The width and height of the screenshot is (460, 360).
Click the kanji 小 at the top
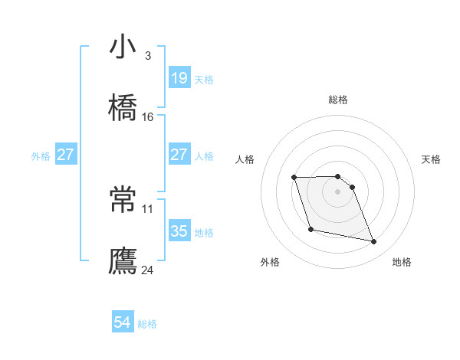pyautogui.click(x=123, y=47)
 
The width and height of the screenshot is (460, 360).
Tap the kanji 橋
pyautogui.click(x=123, y=108)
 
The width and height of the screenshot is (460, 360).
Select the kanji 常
pyautogui.click(x=123, y=200)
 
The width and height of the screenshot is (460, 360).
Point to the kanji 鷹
pyautogui.click(x=123, y=260)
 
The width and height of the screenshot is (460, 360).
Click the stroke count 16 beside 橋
pyautogui.click(x=148, y=117)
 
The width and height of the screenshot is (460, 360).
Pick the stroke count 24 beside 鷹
pyautogui.click(x=148, y=270)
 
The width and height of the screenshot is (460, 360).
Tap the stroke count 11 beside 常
pyautogui.click(x=148, y=208)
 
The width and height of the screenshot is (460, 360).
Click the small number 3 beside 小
pyautogui.click(x=147, y=56)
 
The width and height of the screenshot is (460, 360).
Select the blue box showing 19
pyautogui.click(x=179, y=78)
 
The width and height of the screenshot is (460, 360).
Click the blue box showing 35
pyautogui.click(x=179, y=231)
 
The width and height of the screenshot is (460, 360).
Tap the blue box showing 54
pyautogui.click(x=123, y=323)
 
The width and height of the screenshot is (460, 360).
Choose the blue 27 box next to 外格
pyautogui.click(x=66, y=155)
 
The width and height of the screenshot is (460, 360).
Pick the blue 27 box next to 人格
pyautogui.click(x=179, y=155)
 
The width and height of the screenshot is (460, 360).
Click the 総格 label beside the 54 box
pyautogui.click(x=147, y=324)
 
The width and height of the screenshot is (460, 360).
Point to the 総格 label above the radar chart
pyautogui.click(x=338, y=100)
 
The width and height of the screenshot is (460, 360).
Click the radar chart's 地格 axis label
pyautogui.click(x=402, y=262)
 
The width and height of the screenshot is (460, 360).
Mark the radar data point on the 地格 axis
pyautogui.click(x=374, y=242)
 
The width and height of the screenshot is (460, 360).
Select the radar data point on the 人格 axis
pyautogui.click(x=294, y=178)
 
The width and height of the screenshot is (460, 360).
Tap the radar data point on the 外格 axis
pyautogui.click(x=310, y=229)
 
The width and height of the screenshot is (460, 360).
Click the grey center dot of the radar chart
pyautogui.click(x=338, y=191)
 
